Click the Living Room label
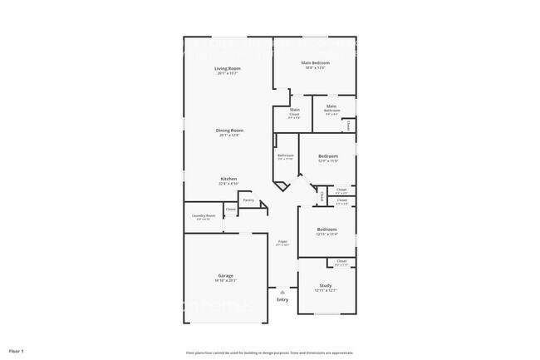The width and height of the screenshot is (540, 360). click(x=228, y=68)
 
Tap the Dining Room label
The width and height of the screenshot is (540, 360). click(x=230, y=130)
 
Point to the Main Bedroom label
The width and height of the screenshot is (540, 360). click(x=316, y=62)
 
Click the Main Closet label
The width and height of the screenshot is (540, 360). click(x=295, y=110)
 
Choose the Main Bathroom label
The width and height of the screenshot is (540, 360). click(x=331, y=108)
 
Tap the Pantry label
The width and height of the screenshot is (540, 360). click(x=248, y=200)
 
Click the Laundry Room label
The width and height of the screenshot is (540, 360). click(x=204, y=216)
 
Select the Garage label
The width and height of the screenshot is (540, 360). click(x=226, y=275)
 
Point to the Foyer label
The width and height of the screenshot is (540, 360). click(x=282, y=241)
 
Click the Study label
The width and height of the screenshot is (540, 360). click(x=326, y=285)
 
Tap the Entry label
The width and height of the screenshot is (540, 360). click(x=282, y=299)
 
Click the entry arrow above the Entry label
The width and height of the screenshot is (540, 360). click(x=282, y=292)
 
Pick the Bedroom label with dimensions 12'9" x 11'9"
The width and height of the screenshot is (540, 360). click(x=327, y=156)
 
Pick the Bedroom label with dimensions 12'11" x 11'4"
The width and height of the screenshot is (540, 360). click(x=326, y=229)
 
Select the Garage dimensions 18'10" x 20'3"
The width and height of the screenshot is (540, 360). click(x=226, y=281)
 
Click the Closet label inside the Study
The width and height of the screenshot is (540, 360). click(x=341, y=261)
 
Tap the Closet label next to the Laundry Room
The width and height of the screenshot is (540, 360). click(x=230, y=210)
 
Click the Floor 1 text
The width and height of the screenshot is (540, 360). click(x=17, y=351)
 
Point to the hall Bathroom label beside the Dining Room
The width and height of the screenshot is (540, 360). click(x=286, y=155)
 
